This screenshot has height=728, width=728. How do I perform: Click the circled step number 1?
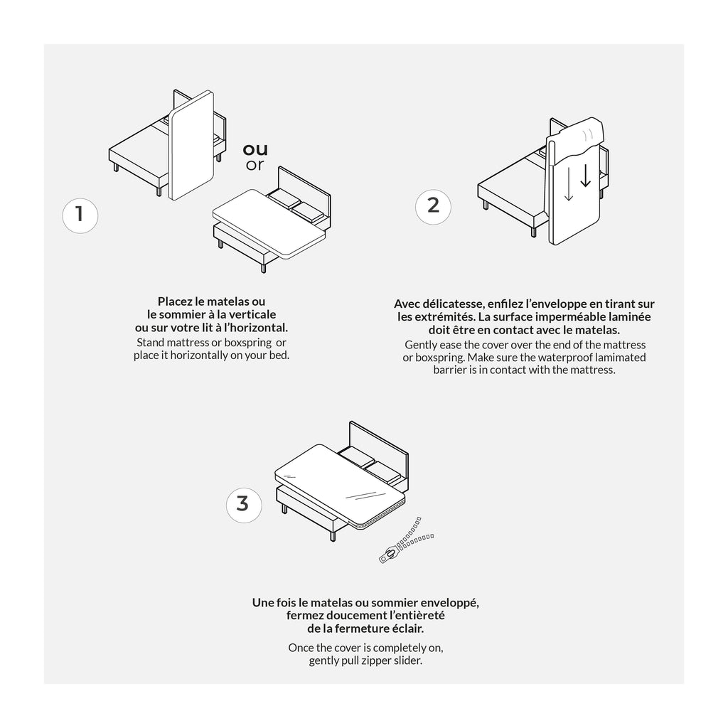click(80, 213)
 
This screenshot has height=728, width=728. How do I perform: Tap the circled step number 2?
click(433, 205)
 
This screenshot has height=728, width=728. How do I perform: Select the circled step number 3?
click(243, 503)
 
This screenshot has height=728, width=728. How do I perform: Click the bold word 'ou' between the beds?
click(255, 149)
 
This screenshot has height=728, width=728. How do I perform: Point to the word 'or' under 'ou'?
click(255, 166)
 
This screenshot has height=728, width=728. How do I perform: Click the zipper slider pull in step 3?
click(389, 555)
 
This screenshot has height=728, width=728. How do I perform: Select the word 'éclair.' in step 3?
click(406, 628)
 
